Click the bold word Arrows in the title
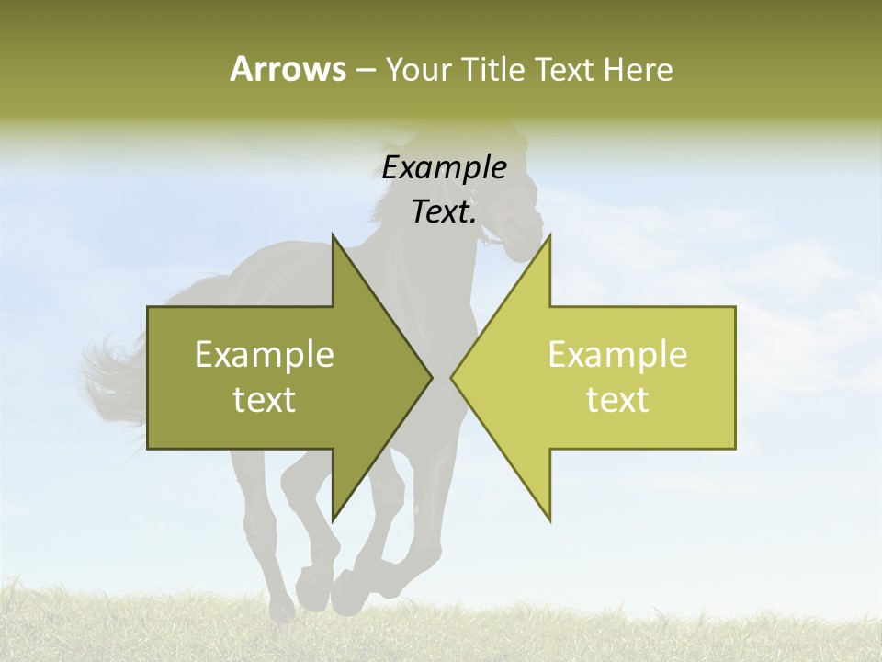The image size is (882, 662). (x=287, y=69)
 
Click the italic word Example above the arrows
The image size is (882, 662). (x=444, y=168)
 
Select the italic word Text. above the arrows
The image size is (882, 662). (x=444, y=212)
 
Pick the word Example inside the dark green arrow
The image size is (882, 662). (x=265, y=354)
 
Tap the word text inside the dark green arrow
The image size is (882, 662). (x=265, y=400)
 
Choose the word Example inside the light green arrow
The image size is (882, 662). (x=617, y=354)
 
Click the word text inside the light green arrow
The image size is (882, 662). (x=617, y=400)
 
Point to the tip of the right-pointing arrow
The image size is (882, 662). (x=430, y=377)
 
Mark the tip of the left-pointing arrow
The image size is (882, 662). (x=453, y=377)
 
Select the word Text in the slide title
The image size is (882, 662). (x=566, y=70)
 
